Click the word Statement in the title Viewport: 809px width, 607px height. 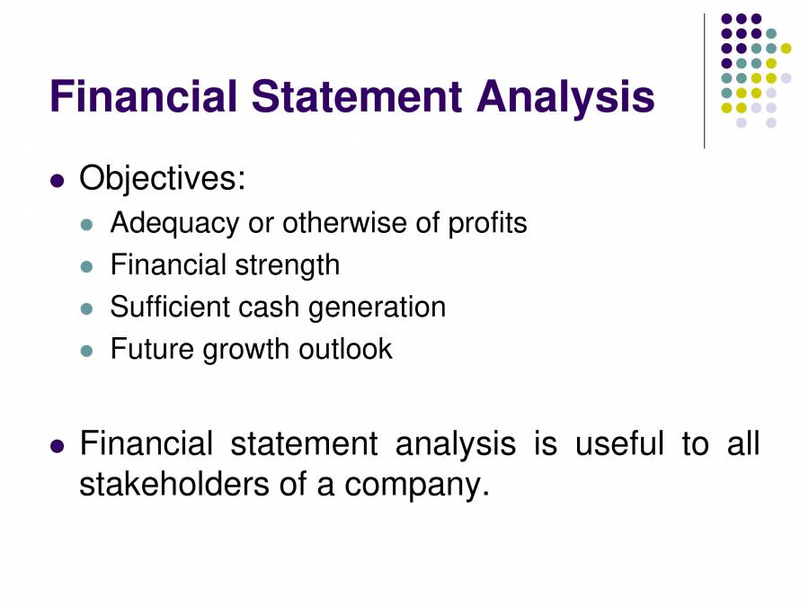357,96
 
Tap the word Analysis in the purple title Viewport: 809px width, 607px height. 565,99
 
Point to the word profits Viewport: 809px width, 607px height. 487,223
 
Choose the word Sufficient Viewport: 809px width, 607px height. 170,307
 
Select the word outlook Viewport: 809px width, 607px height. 345,348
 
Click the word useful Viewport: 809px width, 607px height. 619,443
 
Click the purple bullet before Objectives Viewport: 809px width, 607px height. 58,181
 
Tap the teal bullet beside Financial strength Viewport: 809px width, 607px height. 86,267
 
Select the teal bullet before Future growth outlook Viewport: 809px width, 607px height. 86,351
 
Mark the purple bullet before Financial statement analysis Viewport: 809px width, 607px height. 58,446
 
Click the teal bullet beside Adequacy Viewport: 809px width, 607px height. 86,225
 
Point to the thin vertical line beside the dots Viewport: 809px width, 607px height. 704,81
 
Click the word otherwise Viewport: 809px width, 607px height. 344,223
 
